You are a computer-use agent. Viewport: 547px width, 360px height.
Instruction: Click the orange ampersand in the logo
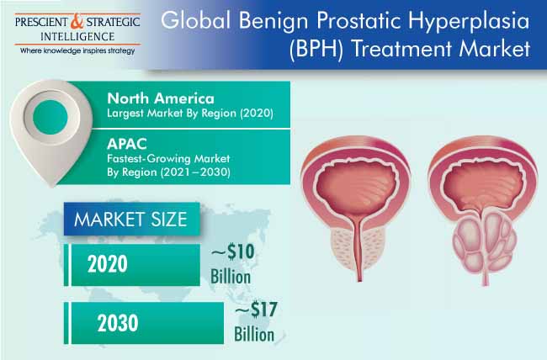coord(77,21)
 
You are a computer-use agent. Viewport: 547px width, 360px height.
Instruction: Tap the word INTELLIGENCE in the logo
coord(77,37)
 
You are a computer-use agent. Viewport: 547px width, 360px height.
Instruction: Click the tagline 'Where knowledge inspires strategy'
coord(77,51)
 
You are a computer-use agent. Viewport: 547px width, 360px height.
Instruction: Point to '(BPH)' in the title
coord(316,49)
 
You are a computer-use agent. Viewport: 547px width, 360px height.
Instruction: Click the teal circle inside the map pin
coord(50,117)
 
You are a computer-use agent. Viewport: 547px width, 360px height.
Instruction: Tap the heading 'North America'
coord(161,98)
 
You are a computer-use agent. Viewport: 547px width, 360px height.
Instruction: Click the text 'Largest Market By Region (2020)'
coord(190,114)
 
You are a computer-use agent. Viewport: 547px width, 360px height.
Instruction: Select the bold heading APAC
coord(127,144)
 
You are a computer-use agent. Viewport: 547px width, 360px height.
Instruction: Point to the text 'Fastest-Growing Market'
coord(168,159)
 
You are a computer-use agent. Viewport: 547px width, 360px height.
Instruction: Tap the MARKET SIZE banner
coord(131,219)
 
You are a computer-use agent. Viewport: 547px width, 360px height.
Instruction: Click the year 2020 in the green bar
coord(108,264)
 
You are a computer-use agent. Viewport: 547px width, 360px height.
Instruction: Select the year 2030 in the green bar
coord(118,323)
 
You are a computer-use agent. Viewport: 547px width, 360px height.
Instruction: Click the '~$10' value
coord(232,251)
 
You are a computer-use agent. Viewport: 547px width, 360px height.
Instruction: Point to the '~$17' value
coord(256,310)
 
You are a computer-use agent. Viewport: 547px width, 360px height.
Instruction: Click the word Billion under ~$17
coord(254,334)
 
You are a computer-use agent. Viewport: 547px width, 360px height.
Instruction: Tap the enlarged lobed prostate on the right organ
coord(484,241)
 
